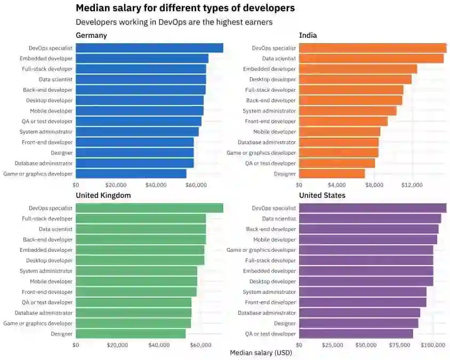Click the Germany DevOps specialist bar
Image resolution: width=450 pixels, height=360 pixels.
click(149, 48)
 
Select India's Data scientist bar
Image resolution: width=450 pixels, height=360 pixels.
click(371, 59)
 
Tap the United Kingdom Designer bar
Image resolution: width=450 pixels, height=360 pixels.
click(131, 334)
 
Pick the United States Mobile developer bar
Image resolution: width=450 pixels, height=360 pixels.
click(368, 239)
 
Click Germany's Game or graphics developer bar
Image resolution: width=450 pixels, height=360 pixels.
click(131, 174)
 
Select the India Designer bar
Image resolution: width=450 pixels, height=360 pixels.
click(332, 174)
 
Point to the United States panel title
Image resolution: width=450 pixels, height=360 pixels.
click(322, 195)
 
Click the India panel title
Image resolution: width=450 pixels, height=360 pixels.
click(308, 35)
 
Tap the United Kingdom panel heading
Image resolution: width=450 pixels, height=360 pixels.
click(103, 195)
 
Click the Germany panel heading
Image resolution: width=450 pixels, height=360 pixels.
click(91, 35)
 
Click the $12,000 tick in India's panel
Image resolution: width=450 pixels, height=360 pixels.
click(412, 185)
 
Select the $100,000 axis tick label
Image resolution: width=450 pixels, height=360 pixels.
click(432, 345)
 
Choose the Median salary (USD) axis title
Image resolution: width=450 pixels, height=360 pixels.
click(261, 353)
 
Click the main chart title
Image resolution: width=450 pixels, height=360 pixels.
click(185, 9)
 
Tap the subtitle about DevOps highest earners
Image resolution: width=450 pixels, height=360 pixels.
click(174, 22)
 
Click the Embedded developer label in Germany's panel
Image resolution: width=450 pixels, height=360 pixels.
click(46, 59)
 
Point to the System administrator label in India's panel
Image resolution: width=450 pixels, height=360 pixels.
click(269, 111)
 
